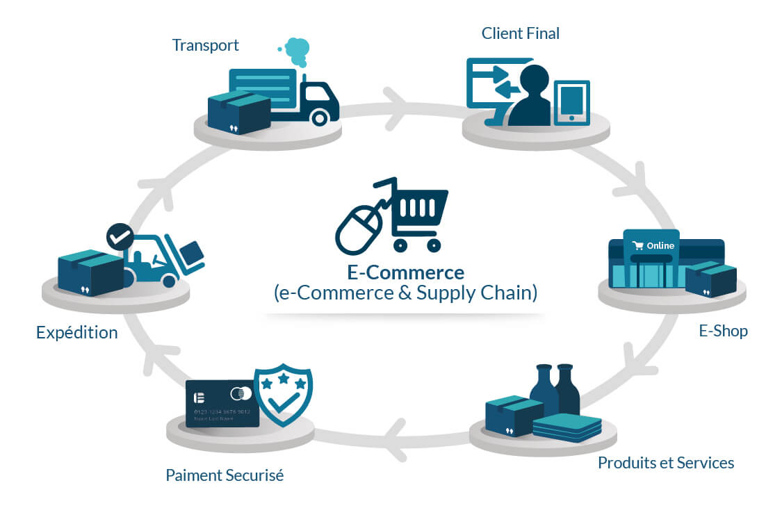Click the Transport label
pyautogui.click(x=205, y=45)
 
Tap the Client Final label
pyautogui.click(x=520, y=33)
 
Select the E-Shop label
pyautogui.click(x=723, y=331)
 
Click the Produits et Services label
pyautogui.click(x=665, y=462)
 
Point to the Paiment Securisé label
pyautogui.click(x=224, y=476)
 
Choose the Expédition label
pyautogui.click(x=76, y=332)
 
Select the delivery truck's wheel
pyautogui.click(x=319, y=117)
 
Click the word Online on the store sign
pyautogui.click(x=660, y=245)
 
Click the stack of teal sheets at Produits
pyautogui.click(x=567, y=427)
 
